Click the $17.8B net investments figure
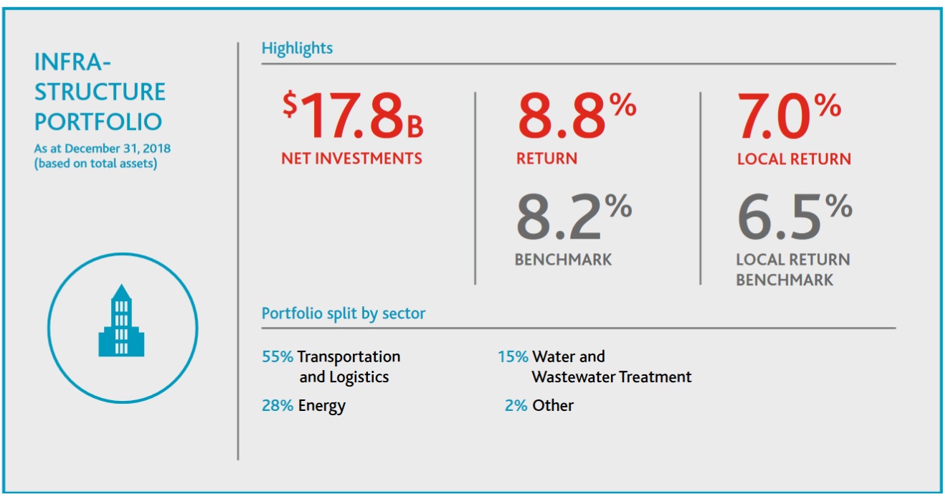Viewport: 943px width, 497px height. (x=352, y=116)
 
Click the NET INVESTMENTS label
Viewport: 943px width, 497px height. (x=351, y=158)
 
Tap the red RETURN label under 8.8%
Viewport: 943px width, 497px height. (x=546, y=158)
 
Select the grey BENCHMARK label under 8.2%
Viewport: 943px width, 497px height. (x=564, y=260)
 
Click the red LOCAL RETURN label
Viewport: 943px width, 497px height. (x=794, y=158)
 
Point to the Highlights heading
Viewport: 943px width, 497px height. (x=297, y=49)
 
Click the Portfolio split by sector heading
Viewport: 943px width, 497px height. (x=343, y=313)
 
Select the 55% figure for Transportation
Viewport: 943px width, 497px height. (x=278, y=356)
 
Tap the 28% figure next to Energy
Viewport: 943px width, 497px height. (x=278, y=406)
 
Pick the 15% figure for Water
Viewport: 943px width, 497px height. (x=513, y=356)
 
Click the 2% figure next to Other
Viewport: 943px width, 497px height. (x=516, y=406)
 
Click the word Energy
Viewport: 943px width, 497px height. (x=322, y=406)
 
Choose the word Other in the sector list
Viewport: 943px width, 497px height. (x=553, y=406)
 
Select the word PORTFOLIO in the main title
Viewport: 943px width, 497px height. (x=98, y=121)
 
